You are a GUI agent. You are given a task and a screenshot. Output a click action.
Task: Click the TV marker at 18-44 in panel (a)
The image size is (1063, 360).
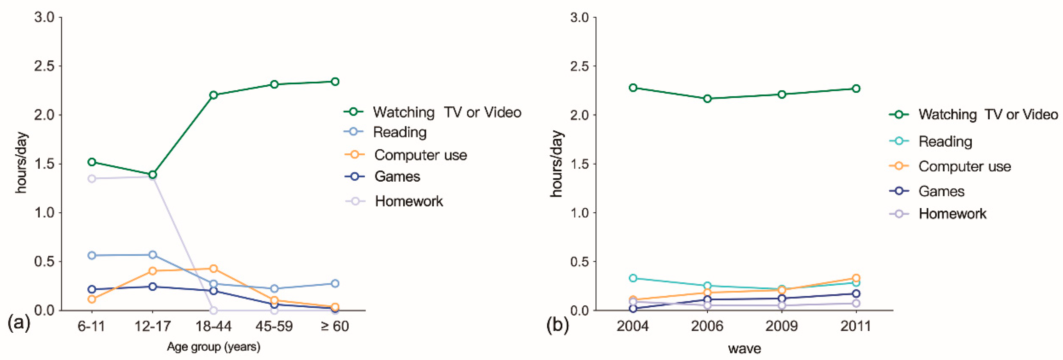tap(213, 95)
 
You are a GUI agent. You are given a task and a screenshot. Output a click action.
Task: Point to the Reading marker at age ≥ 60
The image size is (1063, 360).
tap(335, 283)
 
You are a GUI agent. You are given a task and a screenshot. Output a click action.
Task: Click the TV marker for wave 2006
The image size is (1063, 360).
tap(707, 99)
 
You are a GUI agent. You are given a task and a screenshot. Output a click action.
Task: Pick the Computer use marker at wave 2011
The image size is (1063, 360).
tap(856, 278)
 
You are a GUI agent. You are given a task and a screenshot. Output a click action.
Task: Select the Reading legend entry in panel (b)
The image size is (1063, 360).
tap(945, 141)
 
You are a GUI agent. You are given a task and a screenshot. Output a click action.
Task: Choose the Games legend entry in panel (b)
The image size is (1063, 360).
tap(941, 191)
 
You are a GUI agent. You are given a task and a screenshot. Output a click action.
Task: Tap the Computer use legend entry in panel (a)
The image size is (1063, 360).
tap(420, 155)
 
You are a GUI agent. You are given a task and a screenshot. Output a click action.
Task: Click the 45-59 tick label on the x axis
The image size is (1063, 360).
tap(274, 326)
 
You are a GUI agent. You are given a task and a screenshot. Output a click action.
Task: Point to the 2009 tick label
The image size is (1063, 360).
tap(782, 326)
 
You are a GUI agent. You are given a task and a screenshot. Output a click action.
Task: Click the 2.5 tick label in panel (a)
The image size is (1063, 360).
tap(44, 66)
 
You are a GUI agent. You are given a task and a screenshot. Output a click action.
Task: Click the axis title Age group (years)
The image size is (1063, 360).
tap(213, 346)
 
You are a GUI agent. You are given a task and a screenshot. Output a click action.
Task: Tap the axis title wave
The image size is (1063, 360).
tap(744, 348)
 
